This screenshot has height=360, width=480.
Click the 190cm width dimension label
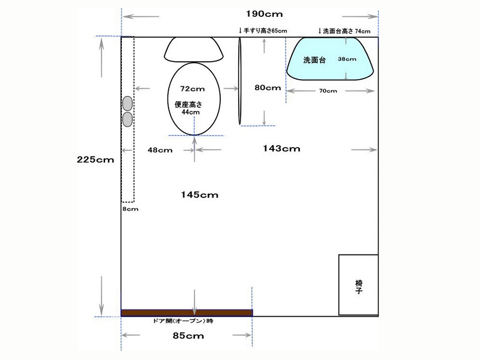click(x=264, y=14)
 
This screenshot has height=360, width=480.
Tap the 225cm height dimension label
click(x=95, y=160)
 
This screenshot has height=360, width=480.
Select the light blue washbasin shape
click(x=329, y=59)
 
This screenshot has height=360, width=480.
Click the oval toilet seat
click(x=194, y=98)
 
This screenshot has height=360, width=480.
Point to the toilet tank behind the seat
click(x=194, y=50)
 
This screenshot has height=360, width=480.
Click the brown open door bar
click(x=187, y=313)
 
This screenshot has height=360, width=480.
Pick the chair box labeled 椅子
click(x=358, y=284)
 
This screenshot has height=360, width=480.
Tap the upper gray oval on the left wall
click(x=128, y=103)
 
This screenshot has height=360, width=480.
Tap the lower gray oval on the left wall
click(x=128, y=119)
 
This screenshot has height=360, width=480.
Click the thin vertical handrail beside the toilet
click(x=240, y=81)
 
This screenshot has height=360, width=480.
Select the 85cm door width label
click(x=188, y=335)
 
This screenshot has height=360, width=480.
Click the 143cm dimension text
click(x=281, y=148)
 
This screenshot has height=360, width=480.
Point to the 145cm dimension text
click(x=200, y=194)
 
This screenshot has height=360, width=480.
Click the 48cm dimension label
click(x=160, y=150)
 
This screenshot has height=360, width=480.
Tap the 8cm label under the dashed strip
click(x=130, y=209)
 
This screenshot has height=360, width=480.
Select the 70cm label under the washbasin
click(x=328, y=91)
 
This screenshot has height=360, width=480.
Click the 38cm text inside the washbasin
click(x=347, y=59)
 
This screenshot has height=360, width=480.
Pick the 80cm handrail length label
click(x=268, y=88)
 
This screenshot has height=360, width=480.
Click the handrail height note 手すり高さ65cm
click(x=263, y=31)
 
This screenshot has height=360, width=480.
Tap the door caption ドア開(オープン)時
click(x=183, y=321)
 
